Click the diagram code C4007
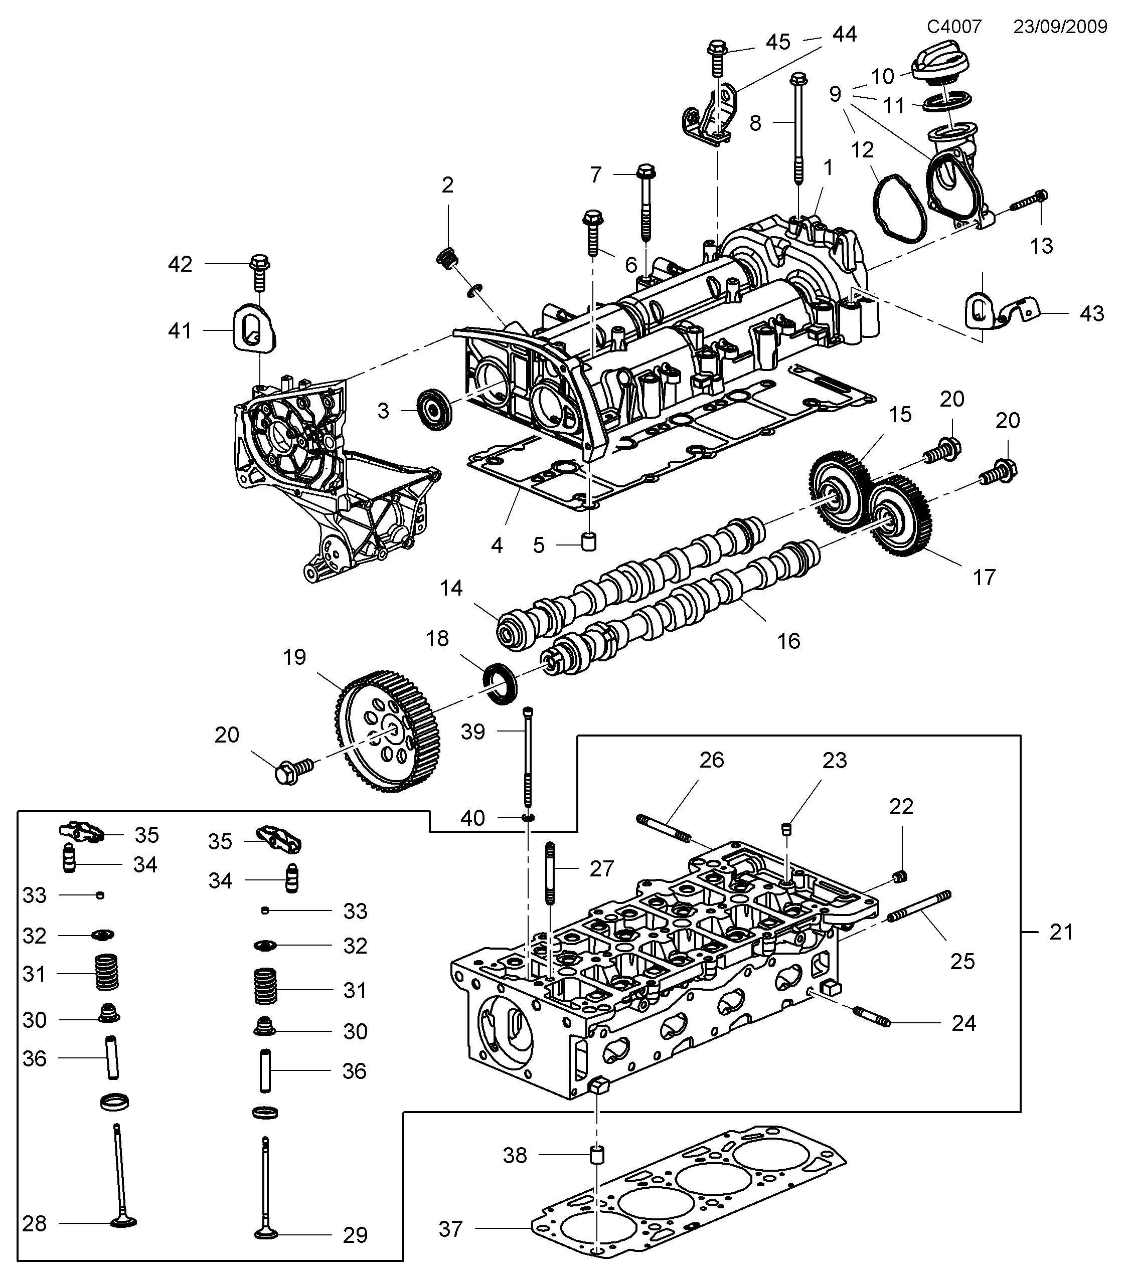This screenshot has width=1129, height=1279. point(954,26)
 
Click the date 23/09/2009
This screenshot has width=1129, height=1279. point(1060,26)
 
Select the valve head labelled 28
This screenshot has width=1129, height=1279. point(123,1222)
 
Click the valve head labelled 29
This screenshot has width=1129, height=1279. point(266,1234)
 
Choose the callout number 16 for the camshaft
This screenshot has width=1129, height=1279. point(788,641)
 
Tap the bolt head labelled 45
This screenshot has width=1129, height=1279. point(718,48)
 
